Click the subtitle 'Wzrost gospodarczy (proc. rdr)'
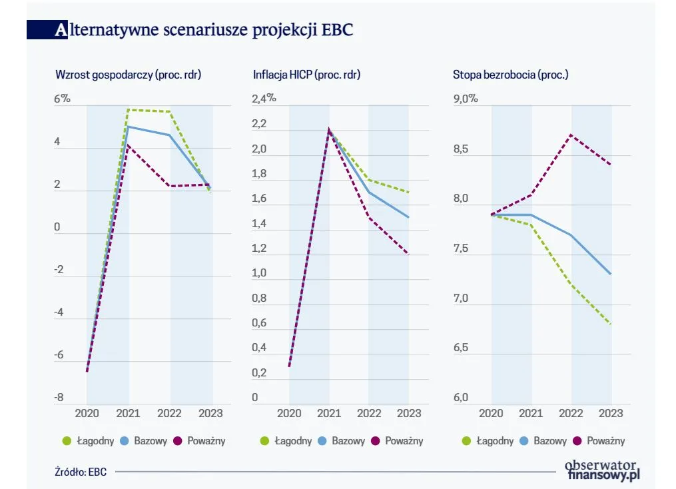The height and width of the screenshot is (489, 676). click(128, 75)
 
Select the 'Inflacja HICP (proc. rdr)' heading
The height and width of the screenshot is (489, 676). click(307, 75)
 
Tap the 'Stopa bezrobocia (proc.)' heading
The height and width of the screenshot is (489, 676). click(510, 75)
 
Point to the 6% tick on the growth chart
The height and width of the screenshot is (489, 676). click(62, 99)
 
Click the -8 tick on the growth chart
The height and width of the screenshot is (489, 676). click(59, 398)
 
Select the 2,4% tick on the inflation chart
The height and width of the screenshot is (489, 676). click(264, 99)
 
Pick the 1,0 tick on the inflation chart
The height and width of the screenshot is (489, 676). click(259, 273)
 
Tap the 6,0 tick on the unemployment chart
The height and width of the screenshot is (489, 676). click(461, 398)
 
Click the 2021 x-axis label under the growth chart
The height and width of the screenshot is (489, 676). click(128, 414)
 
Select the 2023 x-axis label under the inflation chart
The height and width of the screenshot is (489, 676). click(409, 414)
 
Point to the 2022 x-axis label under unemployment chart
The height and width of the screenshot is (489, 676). click(571, 414)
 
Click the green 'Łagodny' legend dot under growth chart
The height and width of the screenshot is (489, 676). click(66, 441)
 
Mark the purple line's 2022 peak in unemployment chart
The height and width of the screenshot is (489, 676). click(571, 135)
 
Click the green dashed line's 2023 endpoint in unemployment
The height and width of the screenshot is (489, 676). click(611, 324)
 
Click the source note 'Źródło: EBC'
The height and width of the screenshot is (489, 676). click(81, 472)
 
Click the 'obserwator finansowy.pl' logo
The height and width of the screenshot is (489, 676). click(601, 470)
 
